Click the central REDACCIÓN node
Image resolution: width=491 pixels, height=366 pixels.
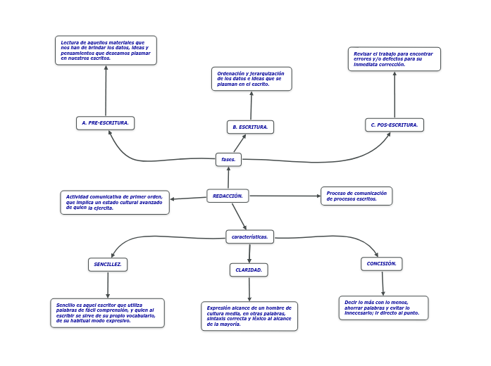pyautogui.click(x=228, y=196)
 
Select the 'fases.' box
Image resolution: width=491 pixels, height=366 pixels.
pyautogui.click(x=228, y=160)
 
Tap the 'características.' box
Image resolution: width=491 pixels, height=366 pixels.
pyautogui.click(x=249, y=236)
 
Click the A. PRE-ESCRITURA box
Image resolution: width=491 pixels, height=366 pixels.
pyautogui.click(x=105, y=123)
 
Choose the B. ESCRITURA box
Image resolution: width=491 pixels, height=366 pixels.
pyautogui.click(x=250, y=127)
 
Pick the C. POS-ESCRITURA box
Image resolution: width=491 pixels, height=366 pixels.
pyautogui.click(x=394, y=125)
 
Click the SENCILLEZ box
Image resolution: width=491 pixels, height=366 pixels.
pyautogui.click(x=108, y=265)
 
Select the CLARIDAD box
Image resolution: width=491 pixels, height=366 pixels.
pyautogui.click(x=249, y=270)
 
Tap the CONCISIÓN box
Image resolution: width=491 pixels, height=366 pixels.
pyautogui.click(x=382, y=264)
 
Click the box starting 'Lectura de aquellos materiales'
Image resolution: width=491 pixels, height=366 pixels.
pyautogui.click(x=106, y=51)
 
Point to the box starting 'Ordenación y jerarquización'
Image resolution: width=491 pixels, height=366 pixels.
pyautogui.click(x=251, y=79)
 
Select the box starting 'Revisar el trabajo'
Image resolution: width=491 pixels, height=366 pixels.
pyautogui.click(x=394, y=59)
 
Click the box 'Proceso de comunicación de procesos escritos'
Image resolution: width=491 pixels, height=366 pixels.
pyautogui.click(x=356, y=196)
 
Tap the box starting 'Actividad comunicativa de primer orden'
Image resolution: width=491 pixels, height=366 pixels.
pyautogui.click(x=115, y=203)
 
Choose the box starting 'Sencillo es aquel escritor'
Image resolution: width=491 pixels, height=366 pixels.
pyautogui.click(x=107, y=313)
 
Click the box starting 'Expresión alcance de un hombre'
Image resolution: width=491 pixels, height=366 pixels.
pyautogui.click(x=249, y=316)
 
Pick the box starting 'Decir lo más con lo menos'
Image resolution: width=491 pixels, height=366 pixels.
pyautogui.click(x=383, y=308)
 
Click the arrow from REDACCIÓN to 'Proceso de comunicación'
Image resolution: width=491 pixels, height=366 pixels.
pyautogui.click(x=285, y=196)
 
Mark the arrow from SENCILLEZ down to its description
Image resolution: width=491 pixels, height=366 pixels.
pyautogui.click(x=108, y=285)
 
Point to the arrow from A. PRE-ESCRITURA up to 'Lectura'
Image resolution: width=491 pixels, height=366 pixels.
pyautogui.click(x=106, y=91)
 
